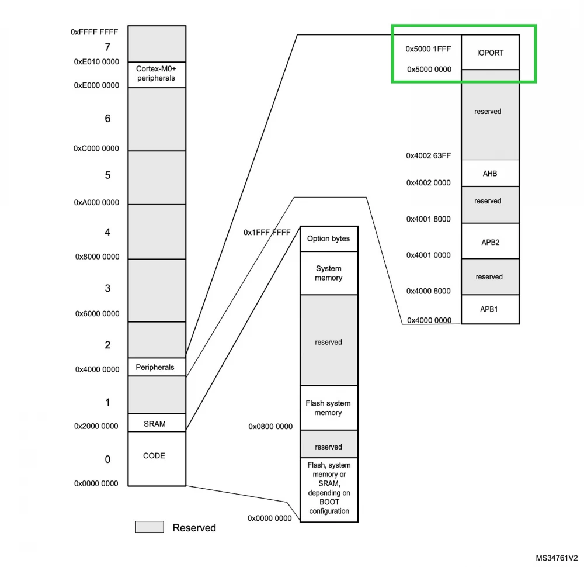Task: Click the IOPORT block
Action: coord(489,53)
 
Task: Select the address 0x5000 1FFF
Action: coord(428,49)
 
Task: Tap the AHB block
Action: coord(489,174)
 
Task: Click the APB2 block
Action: coord(489,241)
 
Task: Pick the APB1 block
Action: coord(489,309)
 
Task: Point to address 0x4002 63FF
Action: coord(428,156)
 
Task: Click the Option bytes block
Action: coord(328,238)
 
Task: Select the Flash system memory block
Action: coord(328,408)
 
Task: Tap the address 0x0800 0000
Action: coord(270,427)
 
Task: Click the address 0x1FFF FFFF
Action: coord(267,233)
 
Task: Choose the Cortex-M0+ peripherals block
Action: coord(156,74)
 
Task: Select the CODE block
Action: coord(154,456)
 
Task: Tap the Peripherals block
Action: coord(155,367)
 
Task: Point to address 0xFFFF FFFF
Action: coord(94,33)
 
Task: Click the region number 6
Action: coord(107,119)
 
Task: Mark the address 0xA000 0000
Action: coord(96,203)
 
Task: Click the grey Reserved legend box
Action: coord(150,527)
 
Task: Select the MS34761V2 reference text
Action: coord(557,558)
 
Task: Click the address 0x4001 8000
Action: coord(428,219)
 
